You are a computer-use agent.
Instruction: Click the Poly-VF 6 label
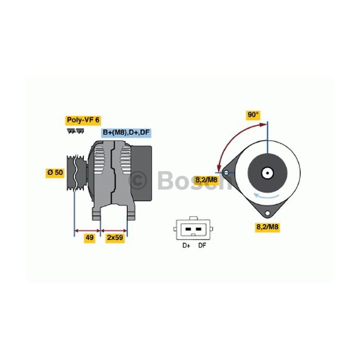click(x=83, y=120)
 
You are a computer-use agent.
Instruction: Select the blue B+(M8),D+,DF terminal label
click(x=126, y=133)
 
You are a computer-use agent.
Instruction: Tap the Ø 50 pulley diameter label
click(x=55, y=172)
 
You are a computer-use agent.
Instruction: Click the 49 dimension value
click(x=89, y=238)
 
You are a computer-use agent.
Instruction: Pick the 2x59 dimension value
click(x=115, y=238)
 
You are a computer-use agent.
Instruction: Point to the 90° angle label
click(x=253, y=115)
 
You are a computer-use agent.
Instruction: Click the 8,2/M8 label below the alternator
click(x=267, y=227)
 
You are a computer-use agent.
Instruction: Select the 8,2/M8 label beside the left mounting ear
click(x=206, y=180)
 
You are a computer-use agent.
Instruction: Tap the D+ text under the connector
click(x=186, y=246)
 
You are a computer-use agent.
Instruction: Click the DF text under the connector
click(x=202, y=246)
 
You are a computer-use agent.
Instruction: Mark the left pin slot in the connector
click(x=188, y=229)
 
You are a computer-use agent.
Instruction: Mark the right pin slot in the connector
click(x=199, y=229)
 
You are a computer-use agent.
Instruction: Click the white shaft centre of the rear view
click(x=267, y=173)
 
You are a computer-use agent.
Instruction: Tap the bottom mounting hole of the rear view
click(x=267, y=213)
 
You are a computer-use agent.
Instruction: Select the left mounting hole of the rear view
click(x=226, y=173)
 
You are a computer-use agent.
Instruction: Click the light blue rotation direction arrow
click(x=266, y=196)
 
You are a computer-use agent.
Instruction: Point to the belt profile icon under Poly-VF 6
click(x=75, y=131)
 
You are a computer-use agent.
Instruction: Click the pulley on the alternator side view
click(x=76, y=173)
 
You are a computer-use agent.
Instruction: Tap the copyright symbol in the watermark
click(x=138, y=181)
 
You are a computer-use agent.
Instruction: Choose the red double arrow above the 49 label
click(x=88, y=231)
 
